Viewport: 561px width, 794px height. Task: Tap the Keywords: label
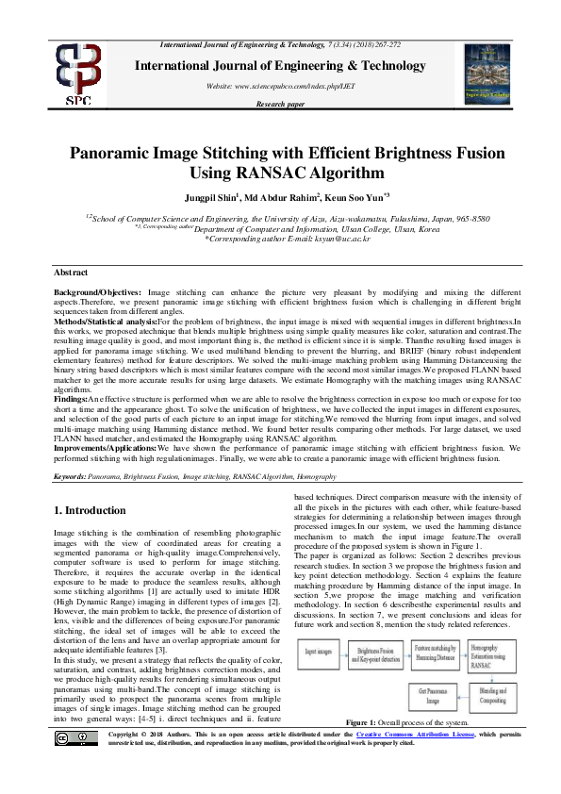[70, 478]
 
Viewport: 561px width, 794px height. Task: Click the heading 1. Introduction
[90, 510]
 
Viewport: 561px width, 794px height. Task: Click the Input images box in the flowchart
[320, 650]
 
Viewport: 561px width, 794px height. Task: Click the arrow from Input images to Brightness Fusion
[347, 650]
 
